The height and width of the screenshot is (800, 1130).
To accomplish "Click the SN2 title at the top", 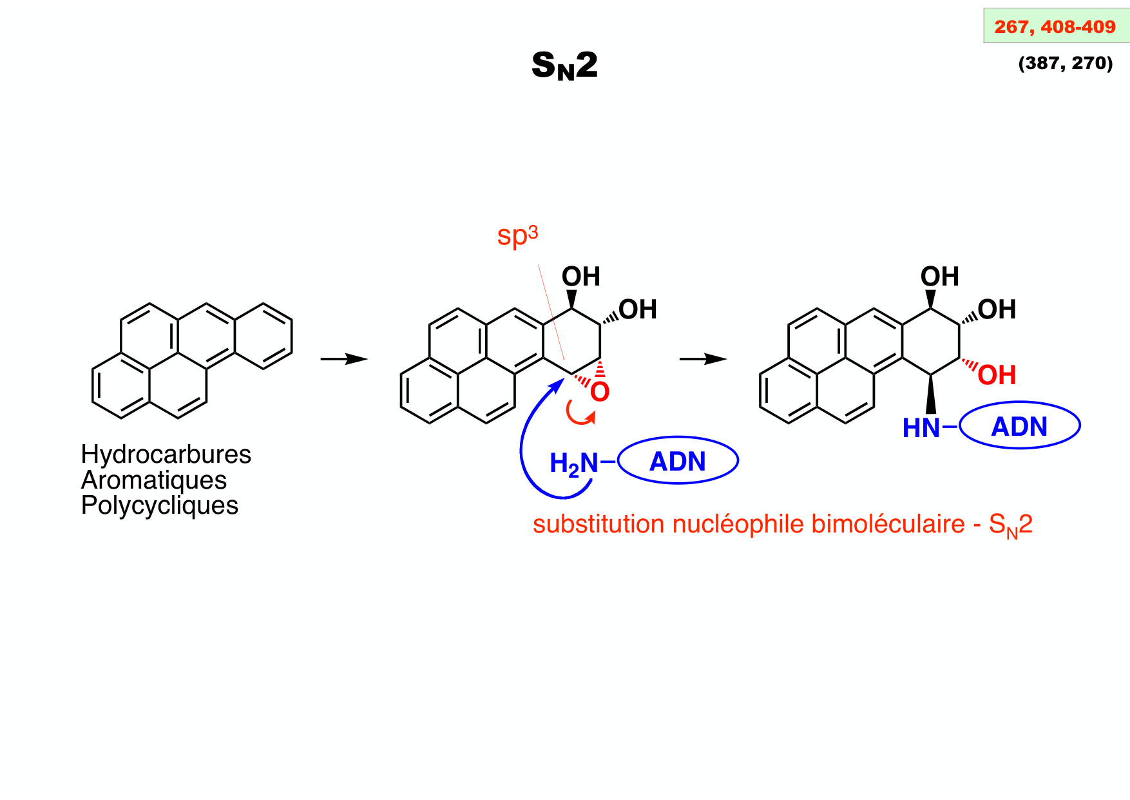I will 564,66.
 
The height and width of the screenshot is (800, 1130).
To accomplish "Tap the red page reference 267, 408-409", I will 1055,27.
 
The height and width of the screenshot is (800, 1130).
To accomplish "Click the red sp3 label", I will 517,236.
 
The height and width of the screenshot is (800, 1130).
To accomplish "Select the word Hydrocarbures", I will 166,454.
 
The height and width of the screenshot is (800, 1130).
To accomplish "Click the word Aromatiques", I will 154,480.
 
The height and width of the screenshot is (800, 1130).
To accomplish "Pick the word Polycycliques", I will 159,505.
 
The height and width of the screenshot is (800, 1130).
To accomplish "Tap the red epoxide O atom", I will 600,392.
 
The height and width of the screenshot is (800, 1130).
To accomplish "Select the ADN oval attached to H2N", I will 678,461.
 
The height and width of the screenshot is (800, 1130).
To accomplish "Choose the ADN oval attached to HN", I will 1019,426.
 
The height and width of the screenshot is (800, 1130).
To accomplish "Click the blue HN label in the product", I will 921,428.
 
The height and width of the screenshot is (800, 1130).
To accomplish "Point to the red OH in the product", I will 997,375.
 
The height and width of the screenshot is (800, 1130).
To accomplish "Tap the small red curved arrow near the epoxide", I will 579,415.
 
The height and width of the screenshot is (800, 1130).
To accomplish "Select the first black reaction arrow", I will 343,359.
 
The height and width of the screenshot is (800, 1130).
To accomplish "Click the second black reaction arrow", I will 702,359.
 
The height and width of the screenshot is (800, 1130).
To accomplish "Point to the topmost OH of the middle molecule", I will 580,277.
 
